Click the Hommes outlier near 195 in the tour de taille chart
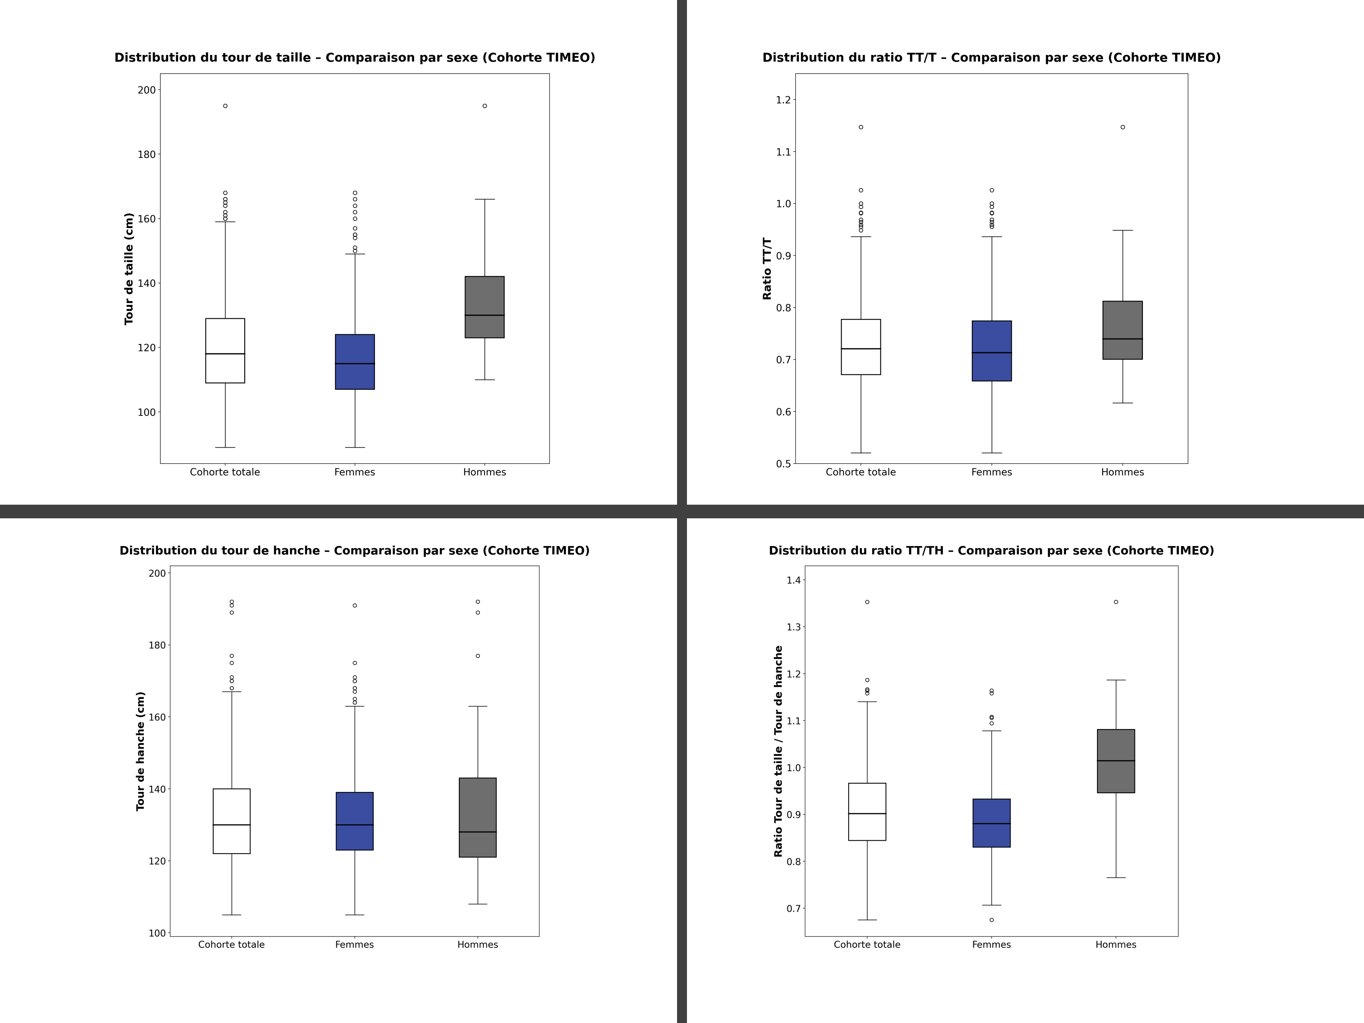tap(485, 106)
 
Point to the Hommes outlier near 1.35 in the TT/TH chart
tap(1116, 602)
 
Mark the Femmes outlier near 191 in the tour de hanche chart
tap(355, 606)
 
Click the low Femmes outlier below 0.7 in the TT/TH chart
tap(992, 920)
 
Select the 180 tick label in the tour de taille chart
tap(147, 155)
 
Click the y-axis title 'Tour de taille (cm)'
tap(129, 269)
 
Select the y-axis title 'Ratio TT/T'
tap(767, 269)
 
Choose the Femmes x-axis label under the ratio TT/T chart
tap(992, 472)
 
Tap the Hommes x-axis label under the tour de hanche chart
tap(477, 945)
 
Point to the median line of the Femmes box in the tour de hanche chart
tap(355, 825)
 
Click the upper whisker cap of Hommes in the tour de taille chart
tap(485, 200)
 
